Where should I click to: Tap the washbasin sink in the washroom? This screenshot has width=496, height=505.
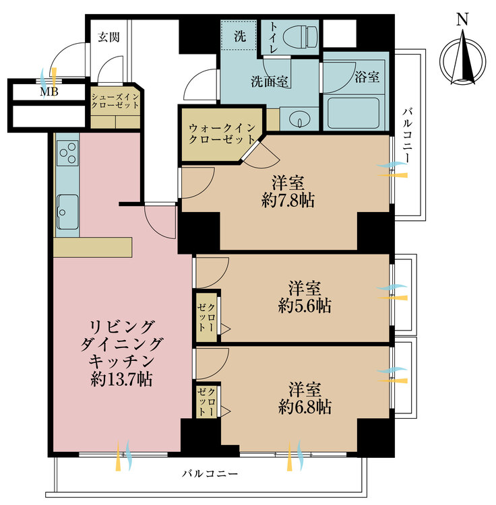point(297,120)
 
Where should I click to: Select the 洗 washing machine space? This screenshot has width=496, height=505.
point(239,36)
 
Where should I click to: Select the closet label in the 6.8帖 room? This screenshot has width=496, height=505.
point(206,401)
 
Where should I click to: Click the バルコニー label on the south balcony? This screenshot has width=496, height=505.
point(210,474)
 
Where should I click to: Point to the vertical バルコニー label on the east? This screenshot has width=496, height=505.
point(408,135)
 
